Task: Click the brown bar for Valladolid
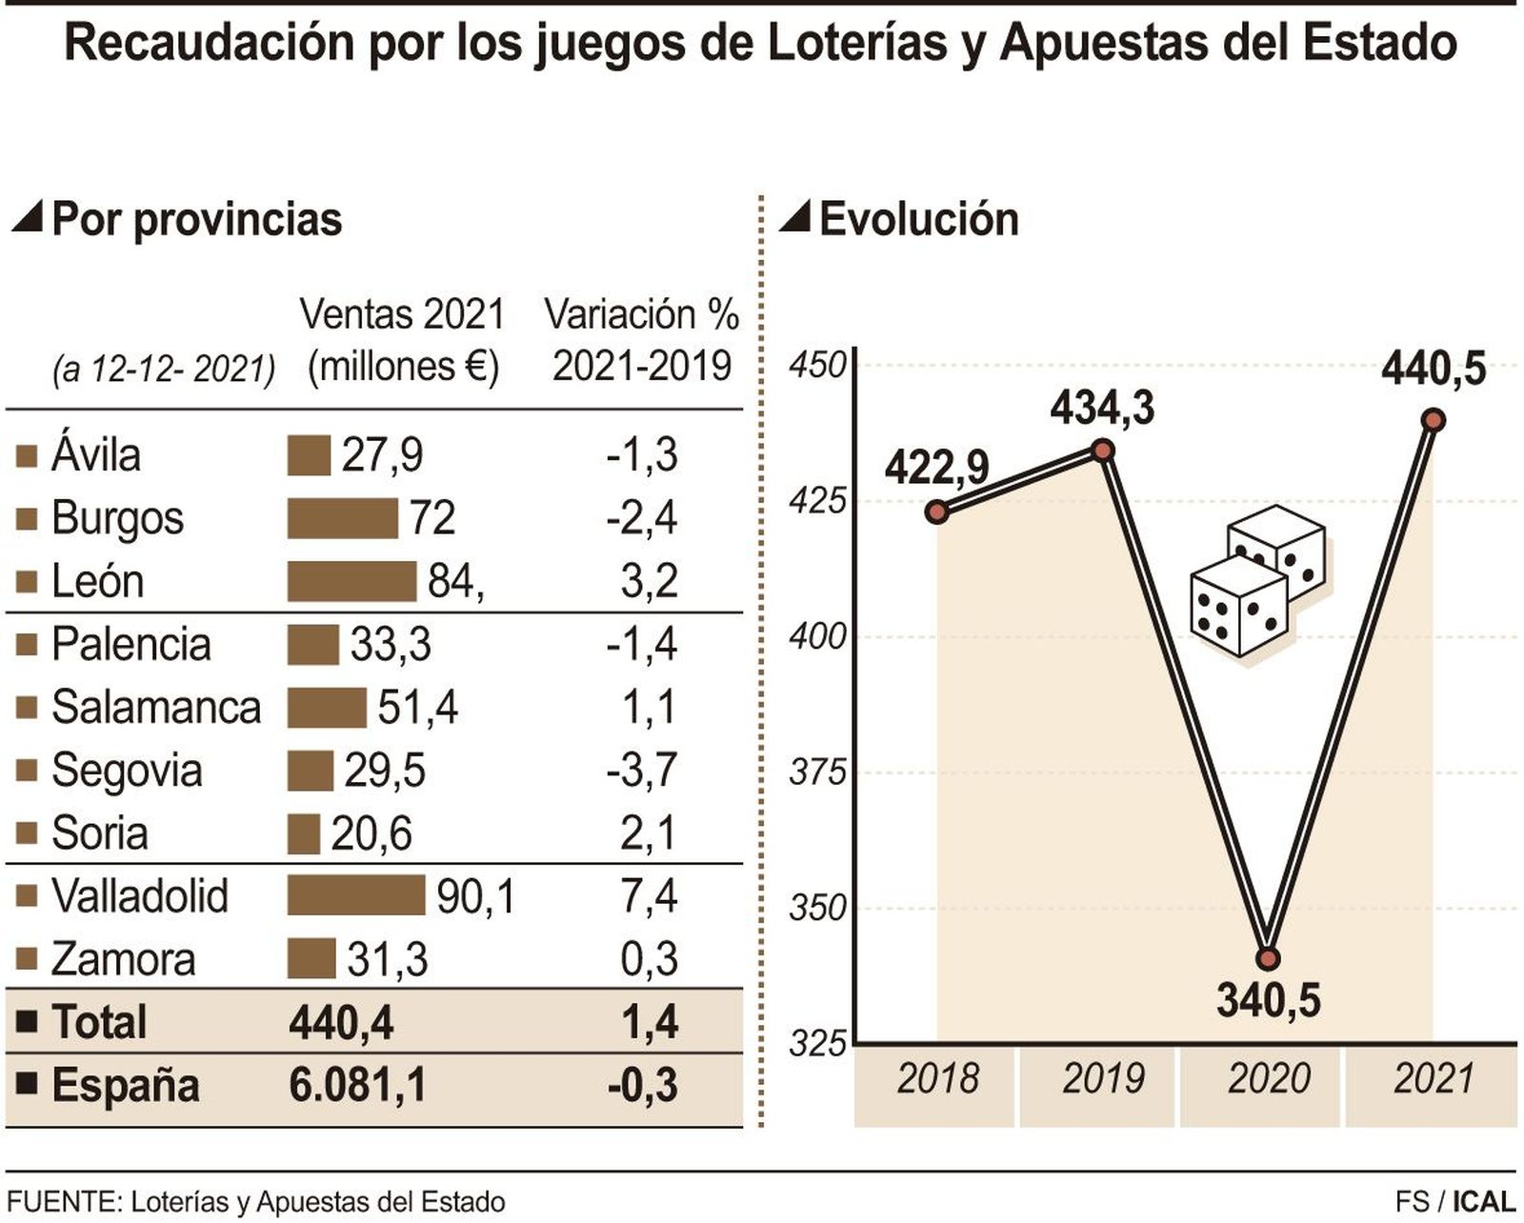355,896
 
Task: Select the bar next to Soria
304,833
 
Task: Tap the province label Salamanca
155,708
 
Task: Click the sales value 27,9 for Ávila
382,455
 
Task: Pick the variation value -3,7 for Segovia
642,770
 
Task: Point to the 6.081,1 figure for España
357,1085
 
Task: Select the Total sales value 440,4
341,1022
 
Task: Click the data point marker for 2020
1268,958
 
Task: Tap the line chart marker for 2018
937,512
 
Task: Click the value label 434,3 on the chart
1102,409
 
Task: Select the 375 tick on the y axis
817,772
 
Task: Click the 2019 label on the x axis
1102,1079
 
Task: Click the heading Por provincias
196,219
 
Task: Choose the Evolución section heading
918,219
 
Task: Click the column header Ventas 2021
402,314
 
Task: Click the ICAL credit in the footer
1483,1202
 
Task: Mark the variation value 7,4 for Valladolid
649,896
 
